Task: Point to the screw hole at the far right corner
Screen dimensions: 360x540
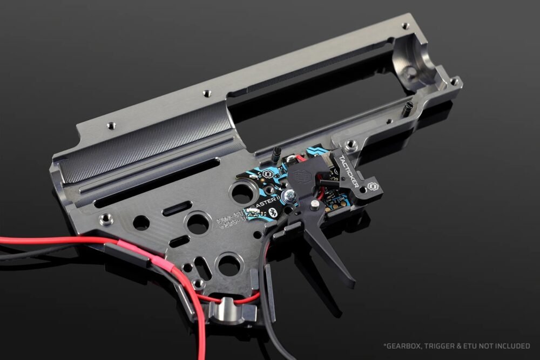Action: point(454,81)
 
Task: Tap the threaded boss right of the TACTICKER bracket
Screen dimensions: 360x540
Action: point(351,144)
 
